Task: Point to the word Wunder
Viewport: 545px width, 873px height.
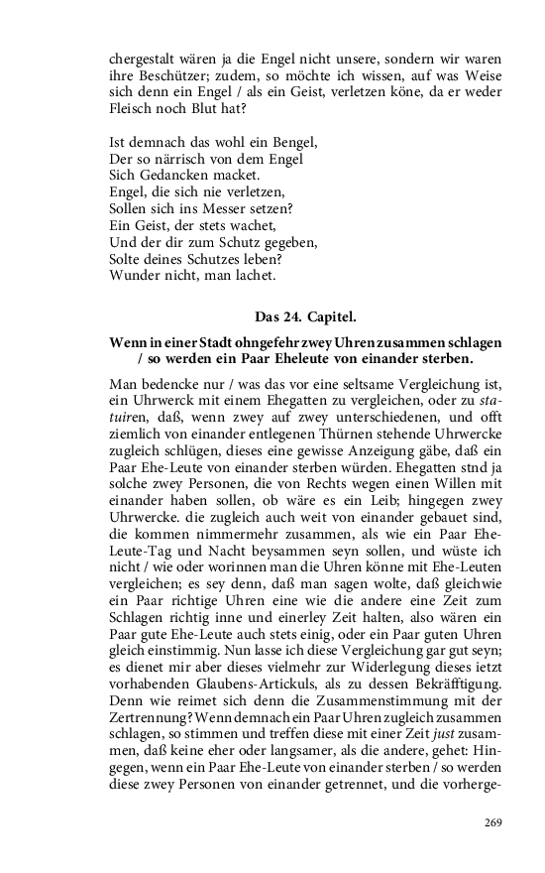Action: (x=131, y=273)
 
